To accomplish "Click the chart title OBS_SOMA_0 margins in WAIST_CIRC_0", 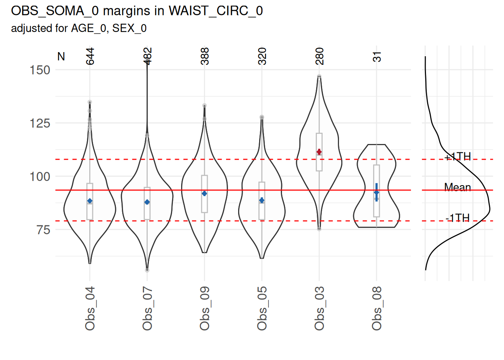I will (x=136, y=11).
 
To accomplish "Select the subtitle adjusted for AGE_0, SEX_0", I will (x=79, y=28).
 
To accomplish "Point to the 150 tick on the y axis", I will (x=40, y=70).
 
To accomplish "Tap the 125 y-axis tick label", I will (x=40, y=123).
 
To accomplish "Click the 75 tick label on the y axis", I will (x=43, y=230).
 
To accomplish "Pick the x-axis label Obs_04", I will (x=90, y=308).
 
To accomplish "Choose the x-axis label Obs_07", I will (x=147, y=308).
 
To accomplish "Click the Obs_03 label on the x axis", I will (x=319, y=308).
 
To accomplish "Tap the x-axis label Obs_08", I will (x=377, y=308).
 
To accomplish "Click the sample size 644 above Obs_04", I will (x=90, y=56).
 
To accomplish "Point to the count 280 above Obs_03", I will (x=319, y=56).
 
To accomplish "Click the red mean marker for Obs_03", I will (x=319, y=152).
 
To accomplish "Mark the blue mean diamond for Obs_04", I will (x=90, y=201).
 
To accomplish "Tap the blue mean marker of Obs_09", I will (x=204, y=193).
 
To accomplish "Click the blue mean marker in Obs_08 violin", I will (x=376, y=192).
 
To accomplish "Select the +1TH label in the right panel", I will (x=457, y=156).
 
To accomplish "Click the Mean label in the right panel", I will (x=457, y=187).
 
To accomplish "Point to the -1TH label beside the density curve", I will (x=457, y=218).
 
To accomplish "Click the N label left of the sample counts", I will (x=61, y=57).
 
